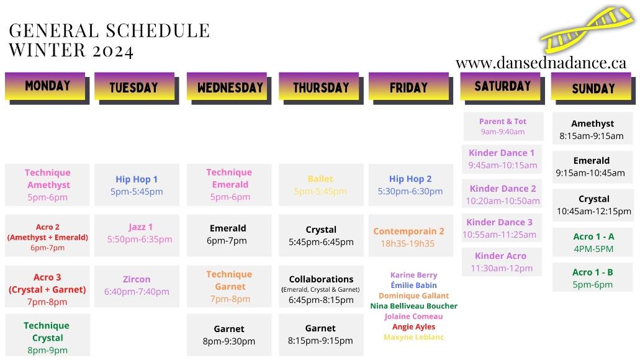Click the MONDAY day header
(x=47, y=88)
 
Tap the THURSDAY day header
(x=321, y=88)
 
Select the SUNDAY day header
(x=593, y=88)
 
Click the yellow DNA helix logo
(x=587, y=29)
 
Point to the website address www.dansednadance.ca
(x=541, y=63)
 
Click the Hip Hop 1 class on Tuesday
(x=137, y=185)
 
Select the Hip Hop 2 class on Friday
(x=410, y=185)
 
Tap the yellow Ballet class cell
(x=321, y=185)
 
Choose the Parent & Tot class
(x=503, y=127)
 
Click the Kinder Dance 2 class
(x=502, y=194)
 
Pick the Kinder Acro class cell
(x=502, y=262)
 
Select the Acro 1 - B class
(x=593, y=278)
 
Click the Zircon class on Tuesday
(x=137, y=286)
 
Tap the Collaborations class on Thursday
(x=321, y=289)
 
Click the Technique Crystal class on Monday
(x=47, y=337)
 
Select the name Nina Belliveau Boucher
(x=414, y=306)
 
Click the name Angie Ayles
(x=414, y=326)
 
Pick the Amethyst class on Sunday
(x=593, y=129)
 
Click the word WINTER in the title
(x=47, y=50)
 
